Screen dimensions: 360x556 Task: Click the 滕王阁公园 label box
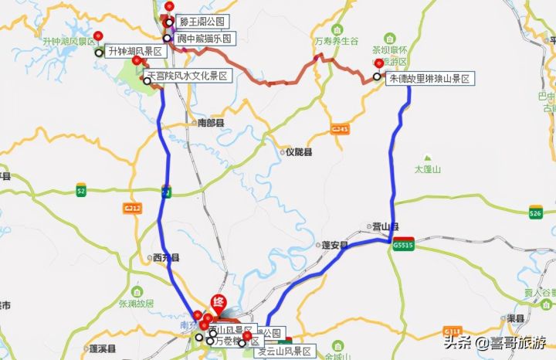(200, 22)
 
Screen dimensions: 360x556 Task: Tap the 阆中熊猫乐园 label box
(202, 38)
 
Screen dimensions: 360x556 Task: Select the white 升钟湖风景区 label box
(135, 52)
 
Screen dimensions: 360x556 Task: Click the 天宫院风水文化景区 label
(188, 76)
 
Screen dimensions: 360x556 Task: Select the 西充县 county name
(166, 257)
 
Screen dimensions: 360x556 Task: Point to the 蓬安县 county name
(334, 246)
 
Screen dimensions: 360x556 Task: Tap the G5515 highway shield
(403, 245)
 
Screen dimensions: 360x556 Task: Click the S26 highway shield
(536, 213)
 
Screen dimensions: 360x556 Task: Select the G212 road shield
(132, 208)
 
